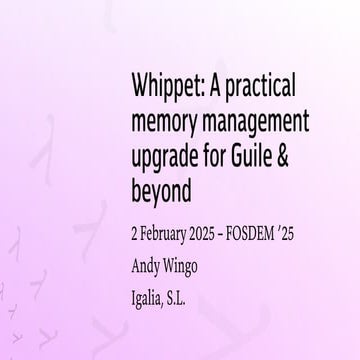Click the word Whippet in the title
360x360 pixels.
click(x=161, y=84)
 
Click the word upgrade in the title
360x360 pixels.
click(x=165, y=160)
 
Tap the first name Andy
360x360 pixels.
click(x=146, y=267)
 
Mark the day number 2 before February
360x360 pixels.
click(x=134, y=237)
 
